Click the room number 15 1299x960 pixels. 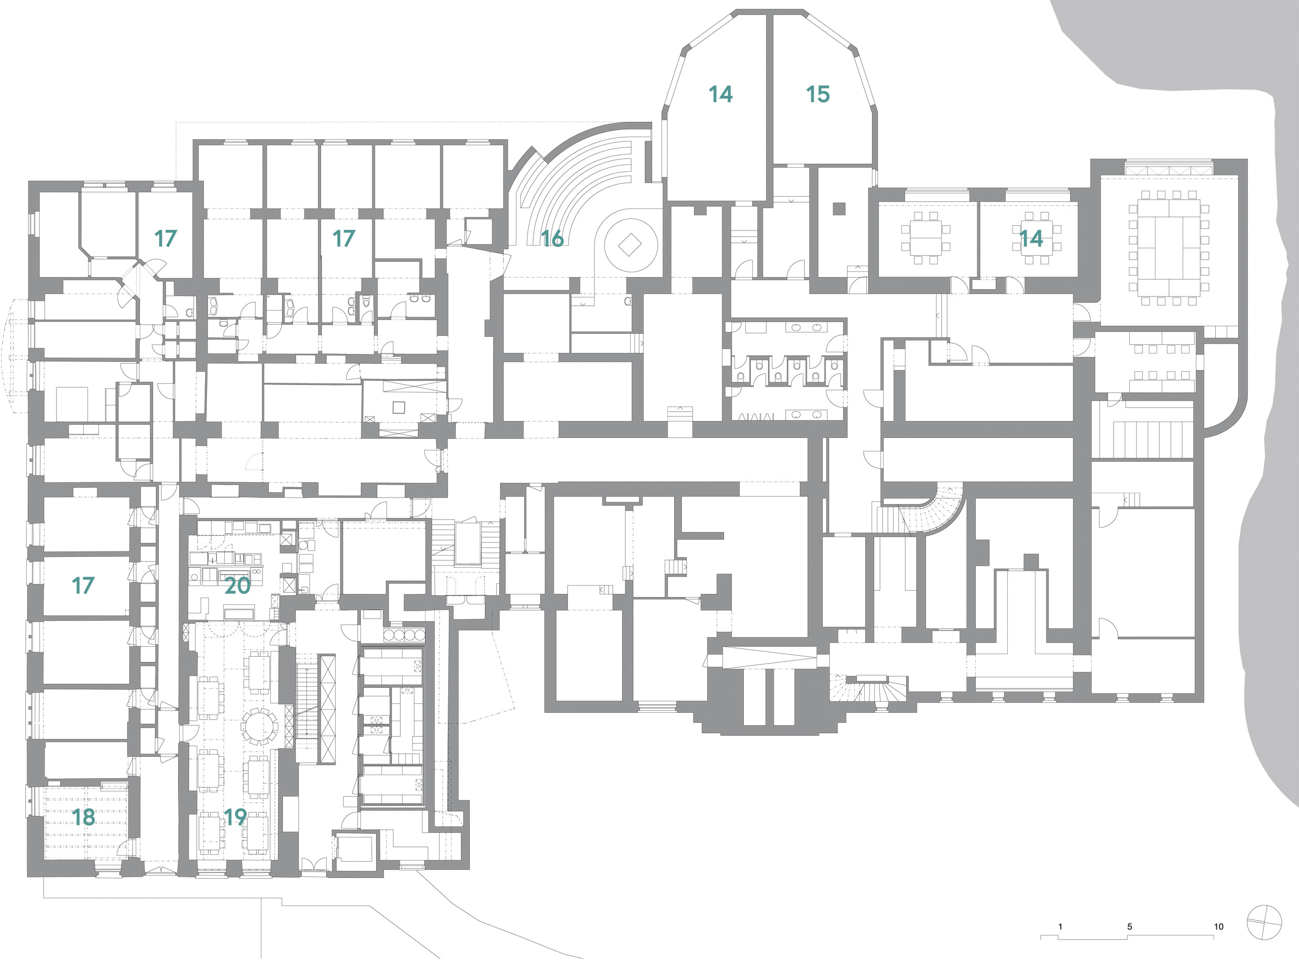[x=817, y=94]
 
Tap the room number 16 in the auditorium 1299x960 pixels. [x=552, y=238]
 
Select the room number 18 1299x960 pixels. [x=83, y=817]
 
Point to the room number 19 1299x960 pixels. [x=235, y=817]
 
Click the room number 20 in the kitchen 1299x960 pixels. [x=237, y=586]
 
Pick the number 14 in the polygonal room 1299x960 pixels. [x=720, y=94]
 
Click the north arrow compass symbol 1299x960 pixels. [x=1264, y=922]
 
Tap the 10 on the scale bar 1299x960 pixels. [x=1218, y=926]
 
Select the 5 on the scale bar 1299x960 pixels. [x=1129, y=926]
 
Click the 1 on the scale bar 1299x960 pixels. [x=1060, y=926]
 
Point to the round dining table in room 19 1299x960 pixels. [x=259, y=726]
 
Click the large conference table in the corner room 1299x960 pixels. [x=1168, y=248]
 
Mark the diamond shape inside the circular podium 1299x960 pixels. [x=630, y=245]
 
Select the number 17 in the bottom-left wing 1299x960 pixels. [x=83, y=585]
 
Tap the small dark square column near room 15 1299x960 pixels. [x=838, y=208]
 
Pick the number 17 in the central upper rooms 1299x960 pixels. [x=344, y=238]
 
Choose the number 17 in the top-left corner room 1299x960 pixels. [x=165, y=238]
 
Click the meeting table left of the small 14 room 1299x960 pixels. [x=926, y=238]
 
